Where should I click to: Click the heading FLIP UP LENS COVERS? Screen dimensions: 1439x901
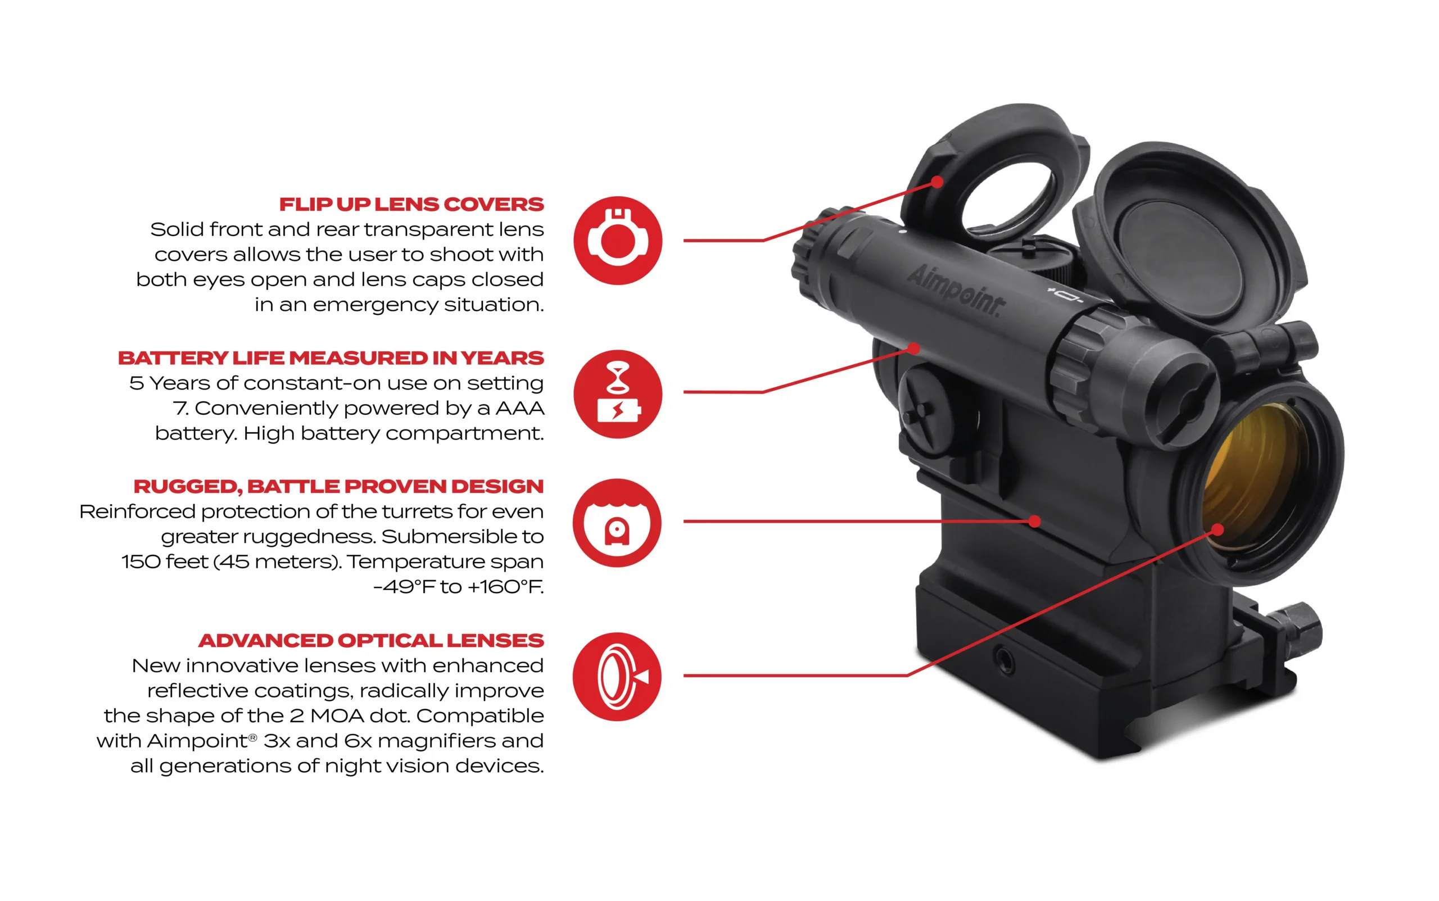[411, 205]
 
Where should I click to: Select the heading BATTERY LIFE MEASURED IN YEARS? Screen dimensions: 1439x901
[331, 358]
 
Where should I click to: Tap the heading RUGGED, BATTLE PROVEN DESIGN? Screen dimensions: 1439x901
[338, 487]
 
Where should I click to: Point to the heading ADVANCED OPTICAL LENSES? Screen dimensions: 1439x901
[370, 641]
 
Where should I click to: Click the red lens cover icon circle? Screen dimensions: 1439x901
[618, 240]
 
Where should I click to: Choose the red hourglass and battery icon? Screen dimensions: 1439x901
[618, 394]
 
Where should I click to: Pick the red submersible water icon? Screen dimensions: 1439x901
[617, 523]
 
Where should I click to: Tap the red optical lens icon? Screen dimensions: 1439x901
[617, 676]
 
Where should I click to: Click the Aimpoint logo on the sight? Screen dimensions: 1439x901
[954, 289]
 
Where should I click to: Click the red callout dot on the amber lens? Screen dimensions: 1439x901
[1218, 529]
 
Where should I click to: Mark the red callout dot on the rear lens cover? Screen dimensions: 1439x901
[937, 182]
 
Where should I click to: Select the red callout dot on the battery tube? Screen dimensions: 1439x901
[914, 348]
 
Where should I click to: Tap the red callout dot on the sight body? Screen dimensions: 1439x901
[1035, 522]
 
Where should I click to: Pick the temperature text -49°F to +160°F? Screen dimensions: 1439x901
[458, 587]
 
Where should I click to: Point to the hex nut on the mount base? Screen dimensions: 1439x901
[1299, 631]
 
